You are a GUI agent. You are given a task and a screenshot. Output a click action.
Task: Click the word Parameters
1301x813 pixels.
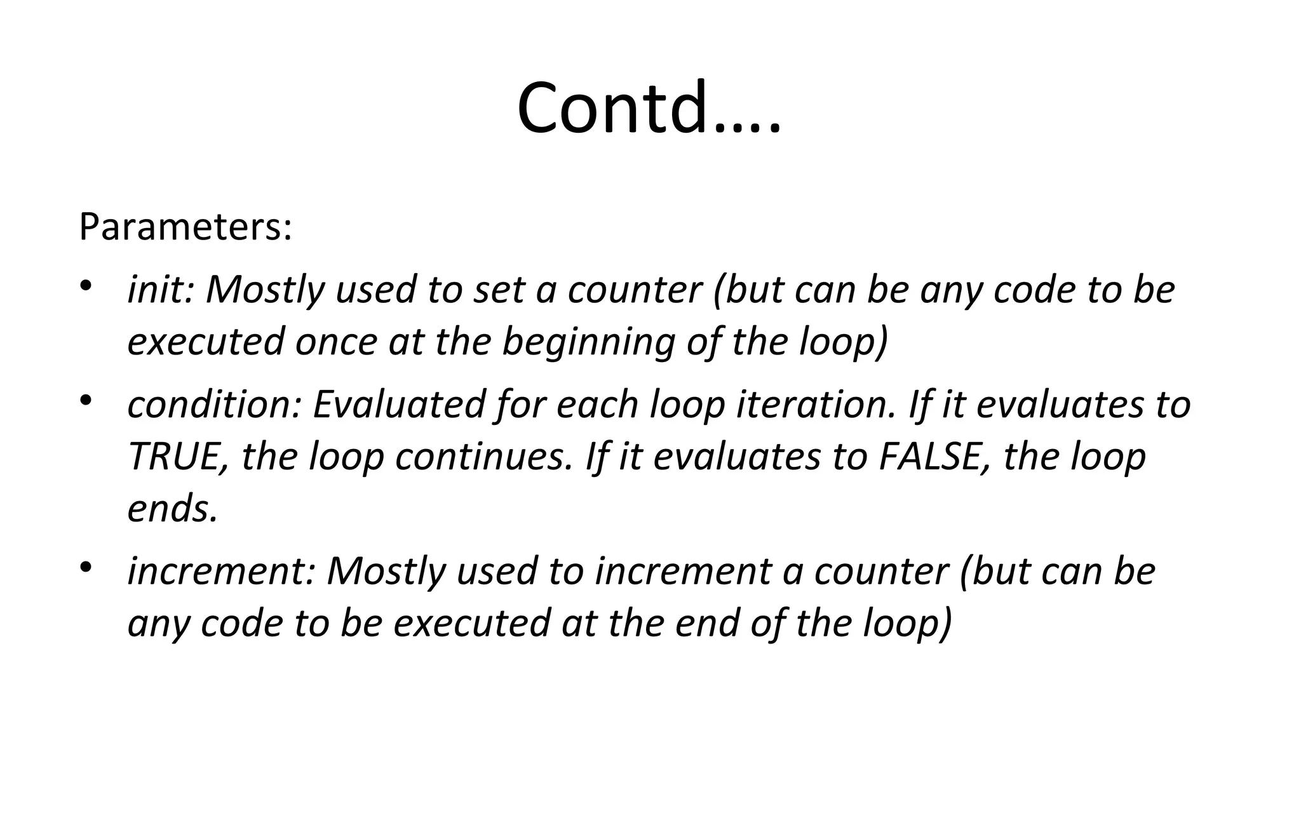(x=185, y=227)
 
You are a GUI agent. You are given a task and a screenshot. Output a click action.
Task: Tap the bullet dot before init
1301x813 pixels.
(x=86, y=285)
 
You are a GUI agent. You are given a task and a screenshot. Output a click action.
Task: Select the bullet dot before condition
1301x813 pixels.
(x=86, y=401)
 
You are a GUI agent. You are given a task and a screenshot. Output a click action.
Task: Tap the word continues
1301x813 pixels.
(x=480, y=457)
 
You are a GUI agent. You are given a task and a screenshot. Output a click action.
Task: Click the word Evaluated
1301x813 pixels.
(x=400, y=405)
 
